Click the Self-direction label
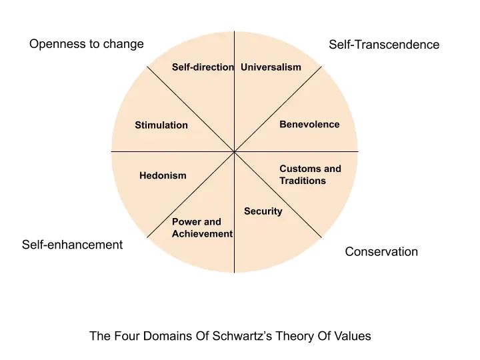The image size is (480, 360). (203, 67)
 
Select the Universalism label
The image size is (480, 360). (271, 67)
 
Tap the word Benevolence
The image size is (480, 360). (309, 125)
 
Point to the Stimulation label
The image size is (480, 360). (161, 125)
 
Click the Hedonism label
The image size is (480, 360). (163, 176)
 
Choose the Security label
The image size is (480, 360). (263, 211)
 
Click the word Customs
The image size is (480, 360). (299, 169)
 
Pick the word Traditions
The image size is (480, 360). (303, 181)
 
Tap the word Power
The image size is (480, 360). (187, 222)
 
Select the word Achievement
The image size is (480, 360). (202, 234)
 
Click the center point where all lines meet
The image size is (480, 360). (235, 152)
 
